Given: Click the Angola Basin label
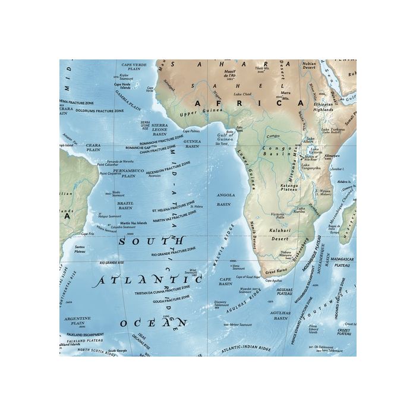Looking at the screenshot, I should point(223,199).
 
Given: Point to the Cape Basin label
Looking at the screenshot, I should point(225,281).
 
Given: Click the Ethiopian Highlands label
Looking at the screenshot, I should point(333,108).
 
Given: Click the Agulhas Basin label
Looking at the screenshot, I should point(279,315).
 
